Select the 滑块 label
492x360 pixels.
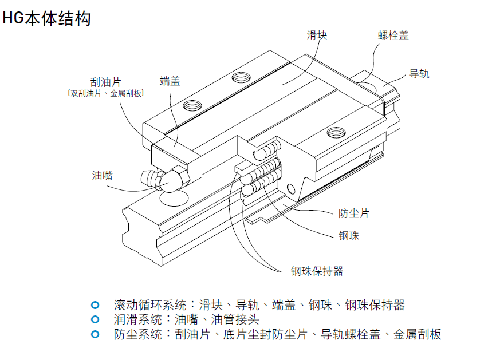tap(317, 35)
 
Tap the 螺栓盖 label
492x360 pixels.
tap(393, 35)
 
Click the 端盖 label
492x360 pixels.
tap(170, 81)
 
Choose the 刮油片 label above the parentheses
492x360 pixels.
tap(105, 82)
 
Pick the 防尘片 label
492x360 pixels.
tap(353, 213)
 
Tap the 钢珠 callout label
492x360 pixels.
tap(349, 235)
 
